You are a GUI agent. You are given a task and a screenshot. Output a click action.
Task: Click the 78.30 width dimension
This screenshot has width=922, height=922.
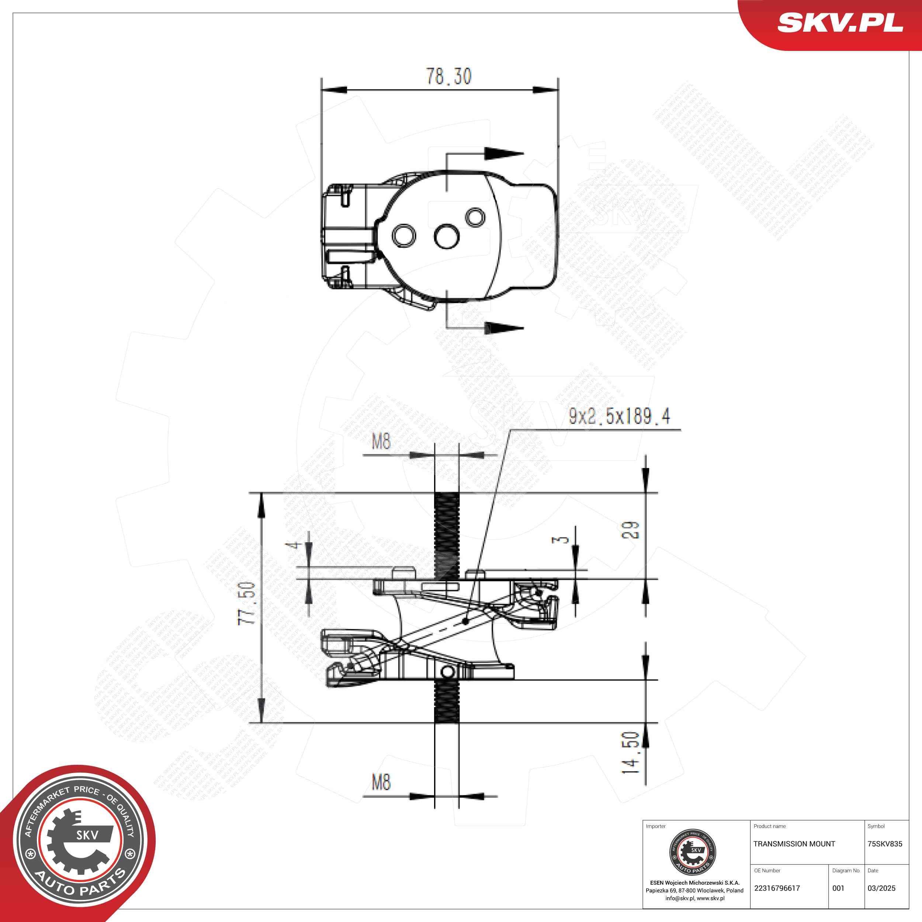(448, 76)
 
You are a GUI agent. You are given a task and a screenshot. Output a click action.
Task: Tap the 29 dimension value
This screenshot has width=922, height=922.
(631, 530)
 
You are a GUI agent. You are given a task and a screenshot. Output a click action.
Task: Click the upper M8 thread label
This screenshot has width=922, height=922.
(381, 442)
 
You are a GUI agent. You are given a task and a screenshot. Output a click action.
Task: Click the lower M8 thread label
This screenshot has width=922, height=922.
(381, 782)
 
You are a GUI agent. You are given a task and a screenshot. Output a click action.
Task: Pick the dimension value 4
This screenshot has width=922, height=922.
(295, 544)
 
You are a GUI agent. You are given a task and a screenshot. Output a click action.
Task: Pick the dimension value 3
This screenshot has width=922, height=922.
(563, 539)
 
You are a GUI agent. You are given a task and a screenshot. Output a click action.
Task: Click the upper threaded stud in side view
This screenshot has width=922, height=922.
(447, 534)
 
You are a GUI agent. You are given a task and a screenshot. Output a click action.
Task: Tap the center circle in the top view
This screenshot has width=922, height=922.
(447, 236)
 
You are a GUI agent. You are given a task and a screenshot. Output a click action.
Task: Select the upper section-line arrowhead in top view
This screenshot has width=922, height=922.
(503, 154)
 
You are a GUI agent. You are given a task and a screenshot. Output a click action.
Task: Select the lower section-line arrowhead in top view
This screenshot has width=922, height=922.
(503, 328)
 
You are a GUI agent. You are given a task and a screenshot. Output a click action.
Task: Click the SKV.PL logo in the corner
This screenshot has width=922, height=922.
(840, 23)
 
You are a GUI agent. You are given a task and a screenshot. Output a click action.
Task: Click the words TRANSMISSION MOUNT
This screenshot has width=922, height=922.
(794, 844)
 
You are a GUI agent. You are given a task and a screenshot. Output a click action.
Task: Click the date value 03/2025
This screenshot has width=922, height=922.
(881, 888)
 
